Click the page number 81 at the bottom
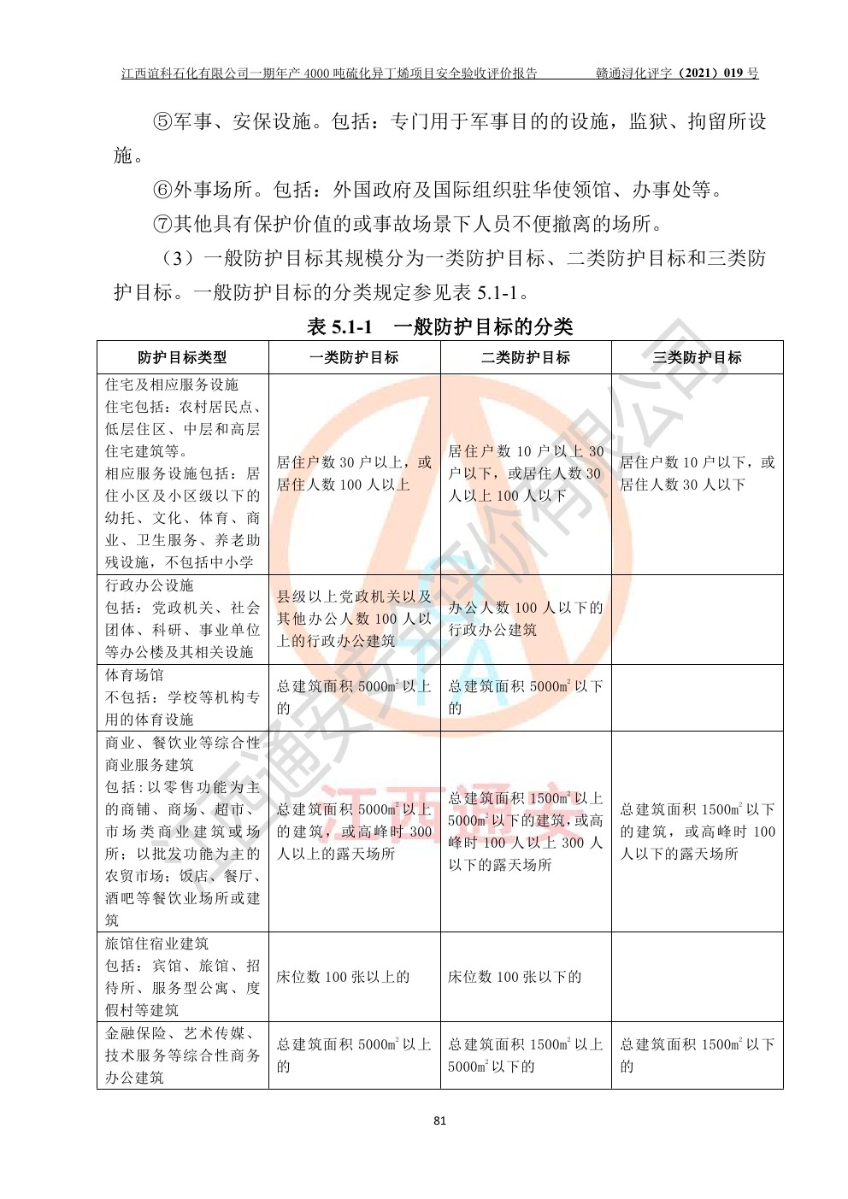(439, 1120)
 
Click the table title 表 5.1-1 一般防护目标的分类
(439, 326)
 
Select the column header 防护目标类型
(182, 357)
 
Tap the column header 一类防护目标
(354, 357)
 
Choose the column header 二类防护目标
(525, 357)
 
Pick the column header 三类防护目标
(697, 357)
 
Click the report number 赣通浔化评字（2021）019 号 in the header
(676, 73)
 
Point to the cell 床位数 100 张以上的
(343, 977)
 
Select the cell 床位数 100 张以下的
(515, 977)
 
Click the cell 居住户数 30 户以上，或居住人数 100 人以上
(354, 473)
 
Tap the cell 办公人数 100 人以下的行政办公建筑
(525, 619)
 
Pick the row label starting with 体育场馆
(182, 697)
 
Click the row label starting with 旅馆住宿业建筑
(182, 977)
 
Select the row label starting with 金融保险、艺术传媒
(182, 1055)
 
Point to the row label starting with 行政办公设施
(182, 619)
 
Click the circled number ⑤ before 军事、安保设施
(162, 121)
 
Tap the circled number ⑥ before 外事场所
(162, 190)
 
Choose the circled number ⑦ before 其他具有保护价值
(162, 224)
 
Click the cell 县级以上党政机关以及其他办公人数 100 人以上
(354, 619)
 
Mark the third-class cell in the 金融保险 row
(697, 1055)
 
